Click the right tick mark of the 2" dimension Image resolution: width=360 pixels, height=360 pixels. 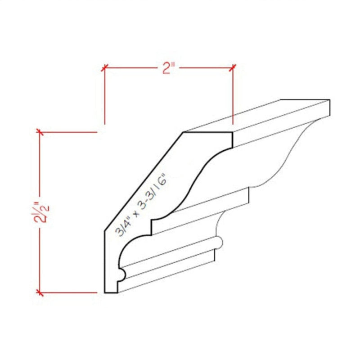coord(233,68)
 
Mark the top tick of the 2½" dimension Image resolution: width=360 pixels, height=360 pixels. coord(40,132)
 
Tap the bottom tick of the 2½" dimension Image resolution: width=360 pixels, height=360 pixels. coord(40,293)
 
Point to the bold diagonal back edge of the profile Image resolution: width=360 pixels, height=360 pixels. coord(144,180)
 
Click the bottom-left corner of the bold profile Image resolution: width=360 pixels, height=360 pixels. coord(105,292)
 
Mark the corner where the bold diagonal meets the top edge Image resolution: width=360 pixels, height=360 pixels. coord(184,132)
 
